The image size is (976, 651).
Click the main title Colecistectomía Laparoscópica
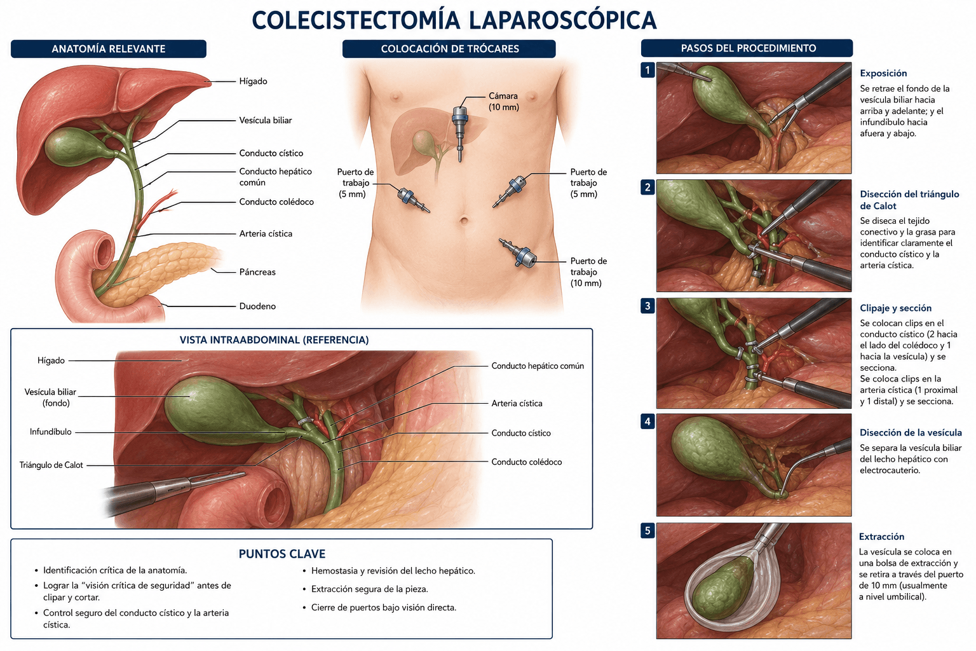[454, 20]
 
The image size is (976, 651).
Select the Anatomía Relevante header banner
[109, 49]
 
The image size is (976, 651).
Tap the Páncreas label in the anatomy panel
[257, 272]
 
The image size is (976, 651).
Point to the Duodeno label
[257, 306]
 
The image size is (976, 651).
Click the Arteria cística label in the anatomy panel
[266, 234]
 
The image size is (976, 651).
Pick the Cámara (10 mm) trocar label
[504, 102]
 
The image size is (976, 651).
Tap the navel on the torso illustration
[464, 221]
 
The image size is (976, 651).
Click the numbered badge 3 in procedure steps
[647, 306]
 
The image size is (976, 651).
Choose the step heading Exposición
[883, 73]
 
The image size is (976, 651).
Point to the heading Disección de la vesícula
[911, 432]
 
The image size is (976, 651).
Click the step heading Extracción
[881, 537]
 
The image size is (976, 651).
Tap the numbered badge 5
[647, 531]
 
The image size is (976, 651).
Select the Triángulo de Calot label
[51, 465]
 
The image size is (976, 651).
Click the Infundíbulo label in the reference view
[51, 432]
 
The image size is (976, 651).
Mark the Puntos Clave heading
[282, 554]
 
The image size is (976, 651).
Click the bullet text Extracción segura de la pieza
[369, 589]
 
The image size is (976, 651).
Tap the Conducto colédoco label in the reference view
[526, 462]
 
